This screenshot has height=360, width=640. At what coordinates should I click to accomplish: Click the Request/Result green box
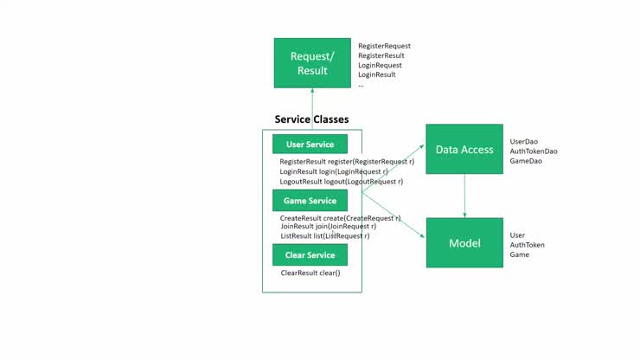click(312, 62)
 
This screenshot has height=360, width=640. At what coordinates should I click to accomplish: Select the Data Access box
click(464, 150)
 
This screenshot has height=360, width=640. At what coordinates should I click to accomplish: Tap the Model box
click(464, 243)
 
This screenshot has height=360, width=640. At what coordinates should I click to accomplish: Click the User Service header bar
click(310, 145)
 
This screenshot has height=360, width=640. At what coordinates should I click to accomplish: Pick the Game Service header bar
click(310, 201)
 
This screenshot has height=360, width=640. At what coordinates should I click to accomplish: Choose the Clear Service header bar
click(310, 255)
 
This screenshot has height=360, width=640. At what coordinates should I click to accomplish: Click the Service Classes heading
click(311, 119)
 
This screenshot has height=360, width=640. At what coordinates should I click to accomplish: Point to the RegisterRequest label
click(384, 46)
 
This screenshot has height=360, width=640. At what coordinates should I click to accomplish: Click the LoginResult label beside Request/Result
click(377, 74)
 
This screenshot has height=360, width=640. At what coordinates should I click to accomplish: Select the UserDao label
click(525, 141)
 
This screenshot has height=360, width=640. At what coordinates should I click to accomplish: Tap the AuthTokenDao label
click(534, 151)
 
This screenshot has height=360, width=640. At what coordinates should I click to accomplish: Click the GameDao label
click(527, 161)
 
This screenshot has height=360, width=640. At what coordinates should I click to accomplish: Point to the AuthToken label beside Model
click(527, 245)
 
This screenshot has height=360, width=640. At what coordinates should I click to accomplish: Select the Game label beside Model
click(519, 254)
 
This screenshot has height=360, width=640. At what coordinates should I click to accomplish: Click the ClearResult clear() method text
click(310, 273)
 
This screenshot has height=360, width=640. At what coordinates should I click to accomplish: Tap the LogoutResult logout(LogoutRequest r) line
click(341, 182)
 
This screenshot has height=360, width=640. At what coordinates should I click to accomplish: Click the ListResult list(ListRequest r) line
click(324, 235)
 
